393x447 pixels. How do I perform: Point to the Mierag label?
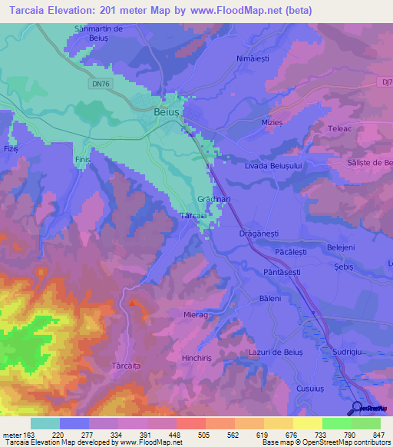pyautogui.click(x=196, y=315)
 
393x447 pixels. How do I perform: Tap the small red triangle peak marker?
pyautogui.click(x=132, y=303)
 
